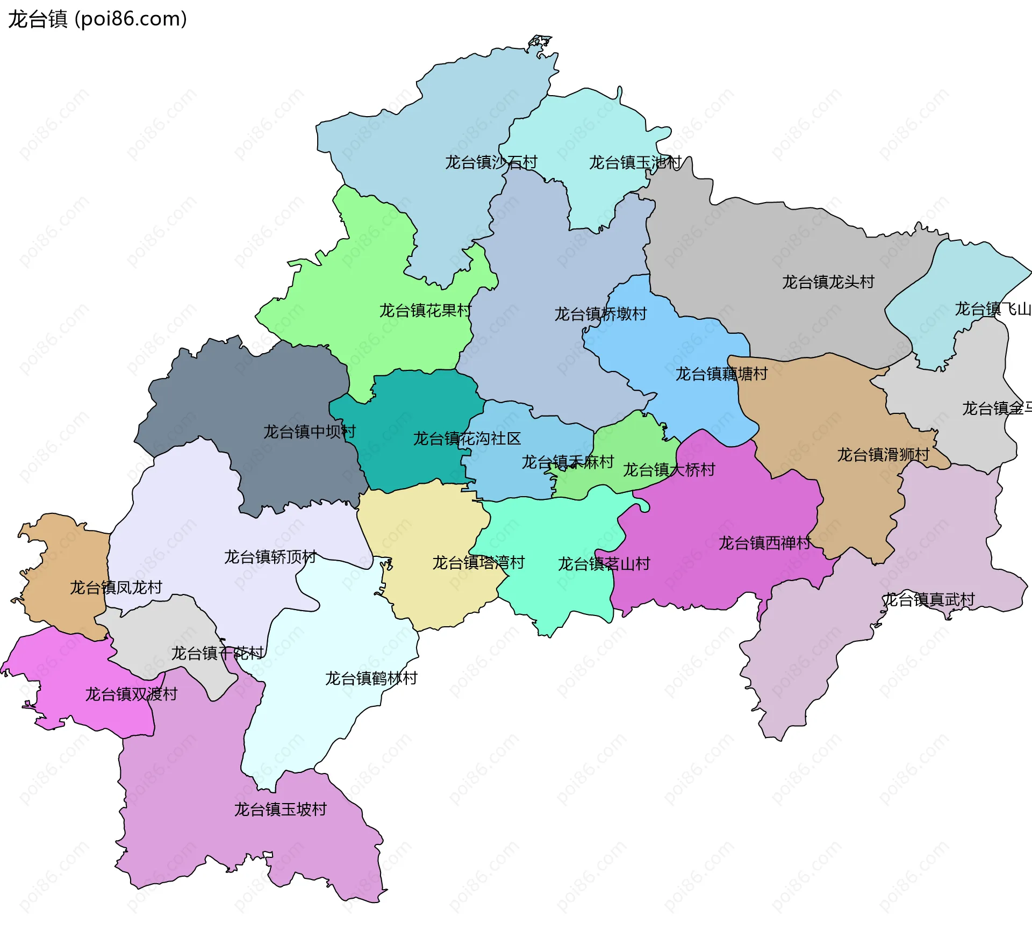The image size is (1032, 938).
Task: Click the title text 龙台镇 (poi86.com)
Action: (97, 19)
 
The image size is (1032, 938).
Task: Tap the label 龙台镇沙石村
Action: (491, 162)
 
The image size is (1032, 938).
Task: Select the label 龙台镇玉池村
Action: (635, 162)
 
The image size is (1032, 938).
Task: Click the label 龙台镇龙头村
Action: (828, 282)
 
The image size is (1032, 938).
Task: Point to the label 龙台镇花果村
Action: (425, 311)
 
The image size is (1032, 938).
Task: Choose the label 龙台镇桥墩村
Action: (600, 314)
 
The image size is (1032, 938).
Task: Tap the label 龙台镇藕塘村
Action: (721, 374)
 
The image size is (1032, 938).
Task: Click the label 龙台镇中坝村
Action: (309, 432)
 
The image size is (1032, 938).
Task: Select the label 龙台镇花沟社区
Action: (467, 439)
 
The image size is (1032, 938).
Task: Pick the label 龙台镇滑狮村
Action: (883, 455)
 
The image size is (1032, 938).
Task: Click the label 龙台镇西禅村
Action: (765, 543)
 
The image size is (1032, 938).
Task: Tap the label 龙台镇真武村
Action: (929, 599)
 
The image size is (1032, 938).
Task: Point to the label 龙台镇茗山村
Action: (604, 564)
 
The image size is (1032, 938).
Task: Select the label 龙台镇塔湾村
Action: (478, 563)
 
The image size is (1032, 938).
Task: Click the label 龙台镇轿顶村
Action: (270, 557)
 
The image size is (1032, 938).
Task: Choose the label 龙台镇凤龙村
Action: (116, 588)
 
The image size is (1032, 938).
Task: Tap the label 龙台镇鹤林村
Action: (371, 678)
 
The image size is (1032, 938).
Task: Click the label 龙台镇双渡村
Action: (131, 694)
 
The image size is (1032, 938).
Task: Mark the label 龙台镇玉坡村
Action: (280, 810)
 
